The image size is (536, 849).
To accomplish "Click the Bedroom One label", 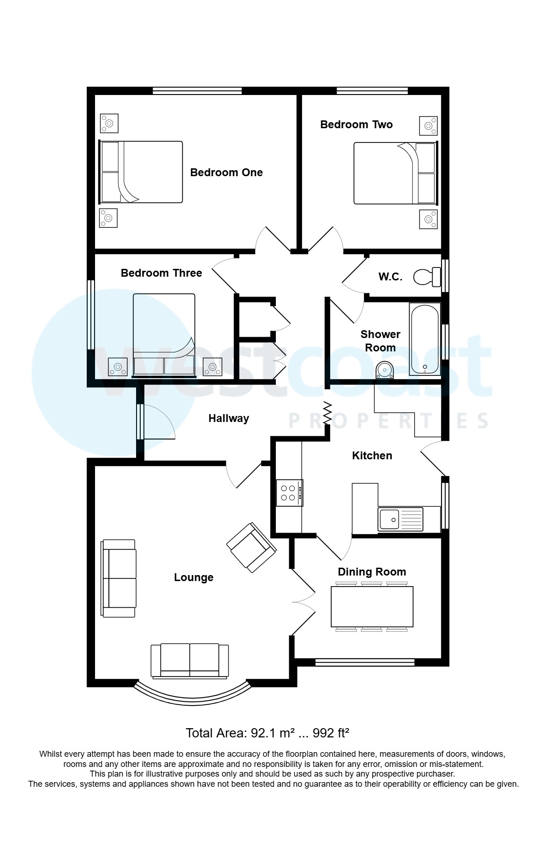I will click(226, 172).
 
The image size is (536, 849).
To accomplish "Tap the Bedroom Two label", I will click(356, 125).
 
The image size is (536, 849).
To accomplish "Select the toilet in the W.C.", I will click(428, 277).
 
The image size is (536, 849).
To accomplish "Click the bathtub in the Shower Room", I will click(424, 339).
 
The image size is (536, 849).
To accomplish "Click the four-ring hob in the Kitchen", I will click(289, 493).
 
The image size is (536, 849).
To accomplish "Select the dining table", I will click(372, 606).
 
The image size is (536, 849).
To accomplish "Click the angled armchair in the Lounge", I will click(251, 547).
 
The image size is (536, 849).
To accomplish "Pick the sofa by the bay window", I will click(190, 660).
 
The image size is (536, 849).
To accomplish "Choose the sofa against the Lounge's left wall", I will click(119, 578).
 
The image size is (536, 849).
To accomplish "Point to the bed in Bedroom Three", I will click(164, 334).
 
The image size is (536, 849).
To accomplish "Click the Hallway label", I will click(228, 418).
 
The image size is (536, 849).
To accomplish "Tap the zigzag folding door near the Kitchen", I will click(328, 413).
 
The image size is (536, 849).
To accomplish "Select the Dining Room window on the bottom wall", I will click(364, 663).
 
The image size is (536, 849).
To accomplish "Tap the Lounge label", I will click(193, 577).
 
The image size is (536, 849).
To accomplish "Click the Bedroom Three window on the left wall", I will click(91, 314).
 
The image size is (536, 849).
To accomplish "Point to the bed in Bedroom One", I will click(141, 172).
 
